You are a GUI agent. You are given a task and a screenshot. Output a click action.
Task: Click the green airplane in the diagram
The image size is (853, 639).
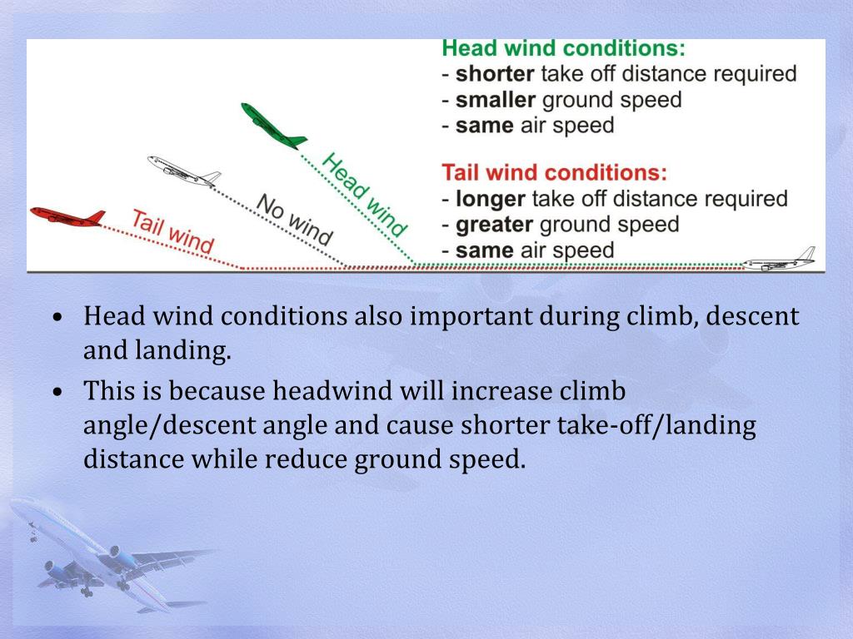point(273,126)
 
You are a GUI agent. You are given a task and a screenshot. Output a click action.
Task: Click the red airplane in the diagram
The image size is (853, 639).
point(67,216)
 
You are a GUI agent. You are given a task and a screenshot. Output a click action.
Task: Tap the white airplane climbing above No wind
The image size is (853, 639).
point(184,170)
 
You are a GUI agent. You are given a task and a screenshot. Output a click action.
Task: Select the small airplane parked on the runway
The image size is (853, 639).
point(778,260)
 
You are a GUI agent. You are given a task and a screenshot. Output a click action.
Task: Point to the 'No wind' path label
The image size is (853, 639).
point(294,219)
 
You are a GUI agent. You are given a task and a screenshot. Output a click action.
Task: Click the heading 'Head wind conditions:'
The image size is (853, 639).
point(564,47)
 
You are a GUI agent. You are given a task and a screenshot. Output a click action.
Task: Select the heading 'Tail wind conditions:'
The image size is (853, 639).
point(554,173)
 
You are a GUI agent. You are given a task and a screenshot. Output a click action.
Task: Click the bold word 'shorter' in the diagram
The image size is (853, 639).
point(495,74)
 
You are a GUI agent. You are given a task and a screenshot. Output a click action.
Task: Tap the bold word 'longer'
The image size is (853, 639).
point(491,199)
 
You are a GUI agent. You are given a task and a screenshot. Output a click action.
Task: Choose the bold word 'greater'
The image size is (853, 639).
point(495,225)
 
